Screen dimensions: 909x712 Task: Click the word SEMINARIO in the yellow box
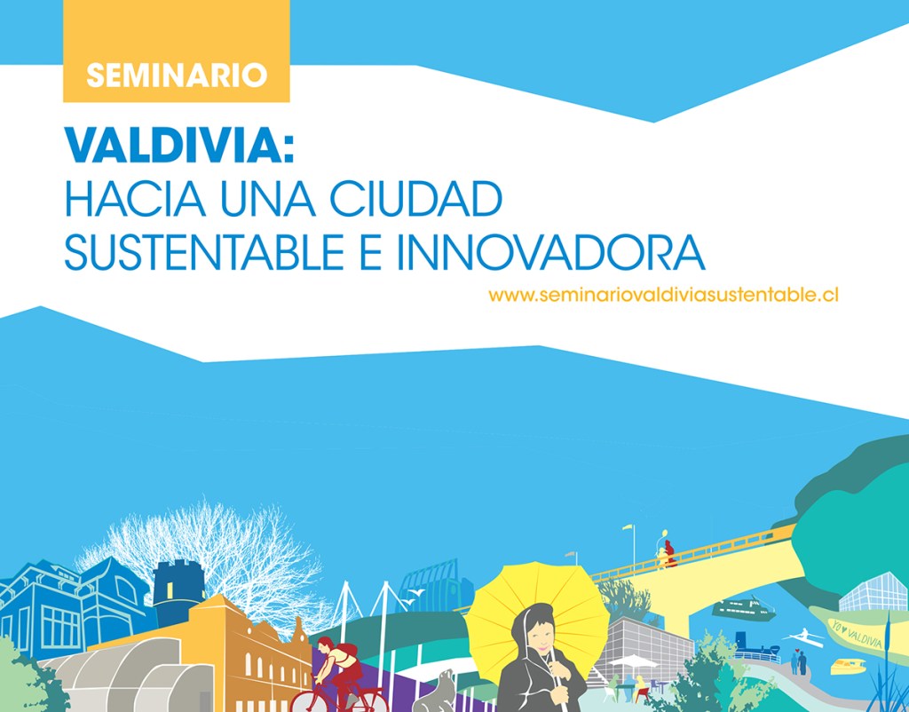point(177,75)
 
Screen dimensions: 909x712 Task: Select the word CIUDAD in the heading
point(415,199)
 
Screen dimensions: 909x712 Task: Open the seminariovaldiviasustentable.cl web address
point(663,295)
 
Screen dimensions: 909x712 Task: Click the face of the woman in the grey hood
point(540,636)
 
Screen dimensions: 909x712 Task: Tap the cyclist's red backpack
point(348,651)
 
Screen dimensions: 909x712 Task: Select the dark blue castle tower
point(178,591)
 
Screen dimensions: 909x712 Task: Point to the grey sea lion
point(436,692)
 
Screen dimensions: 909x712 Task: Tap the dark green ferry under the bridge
point(743,609)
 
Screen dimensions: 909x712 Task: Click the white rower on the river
point(804,637)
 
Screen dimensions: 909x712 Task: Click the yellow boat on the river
point(848,666)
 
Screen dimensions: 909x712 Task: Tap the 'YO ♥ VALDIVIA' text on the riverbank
point(858,636)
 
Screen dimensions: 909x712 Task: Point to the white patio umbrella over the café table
point(632,661)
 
